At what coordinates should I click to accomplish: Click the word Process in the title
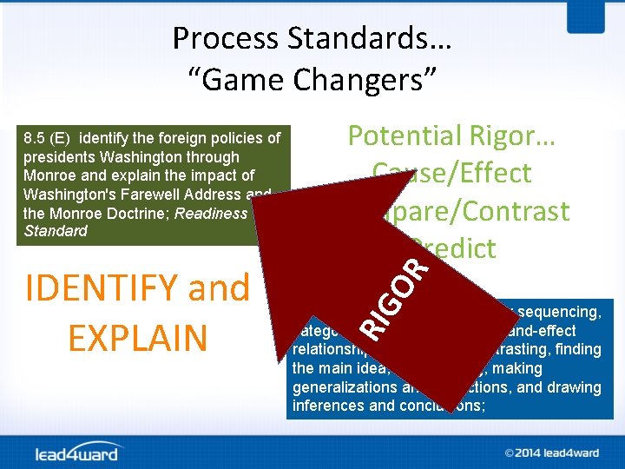220,38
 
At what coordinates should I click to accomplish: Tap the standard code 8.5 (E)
49,139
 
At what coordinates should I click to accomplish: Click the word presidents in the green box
60,157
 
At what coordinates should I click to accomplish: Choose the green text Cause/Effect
451,173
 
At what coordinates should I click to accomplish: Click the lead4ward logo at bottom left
78,452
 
